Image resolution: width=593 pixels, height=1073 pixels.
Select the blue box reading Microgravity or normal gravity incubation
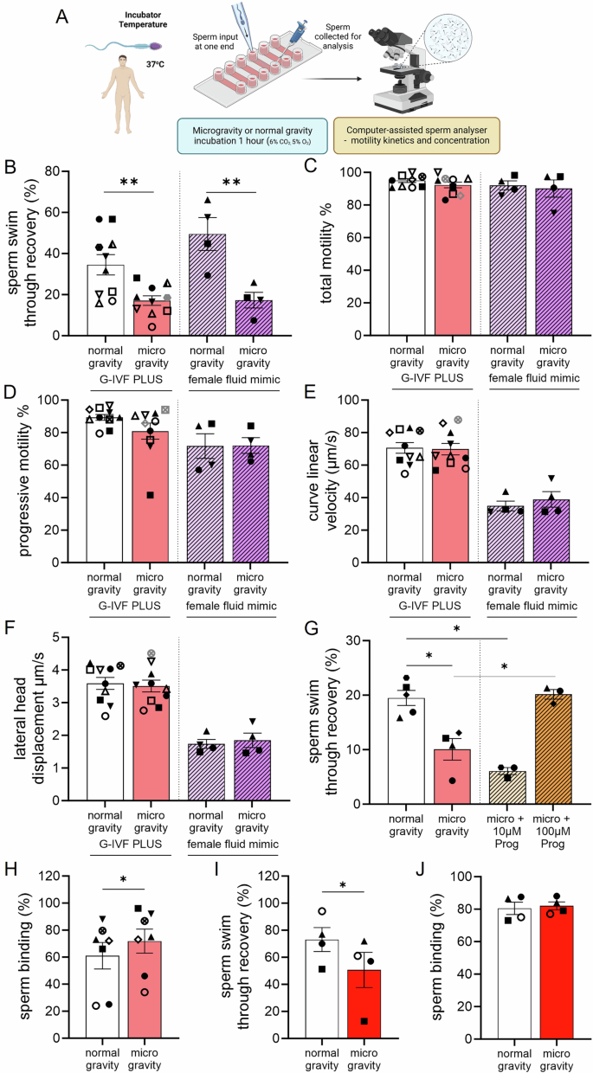coord(250,132)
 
